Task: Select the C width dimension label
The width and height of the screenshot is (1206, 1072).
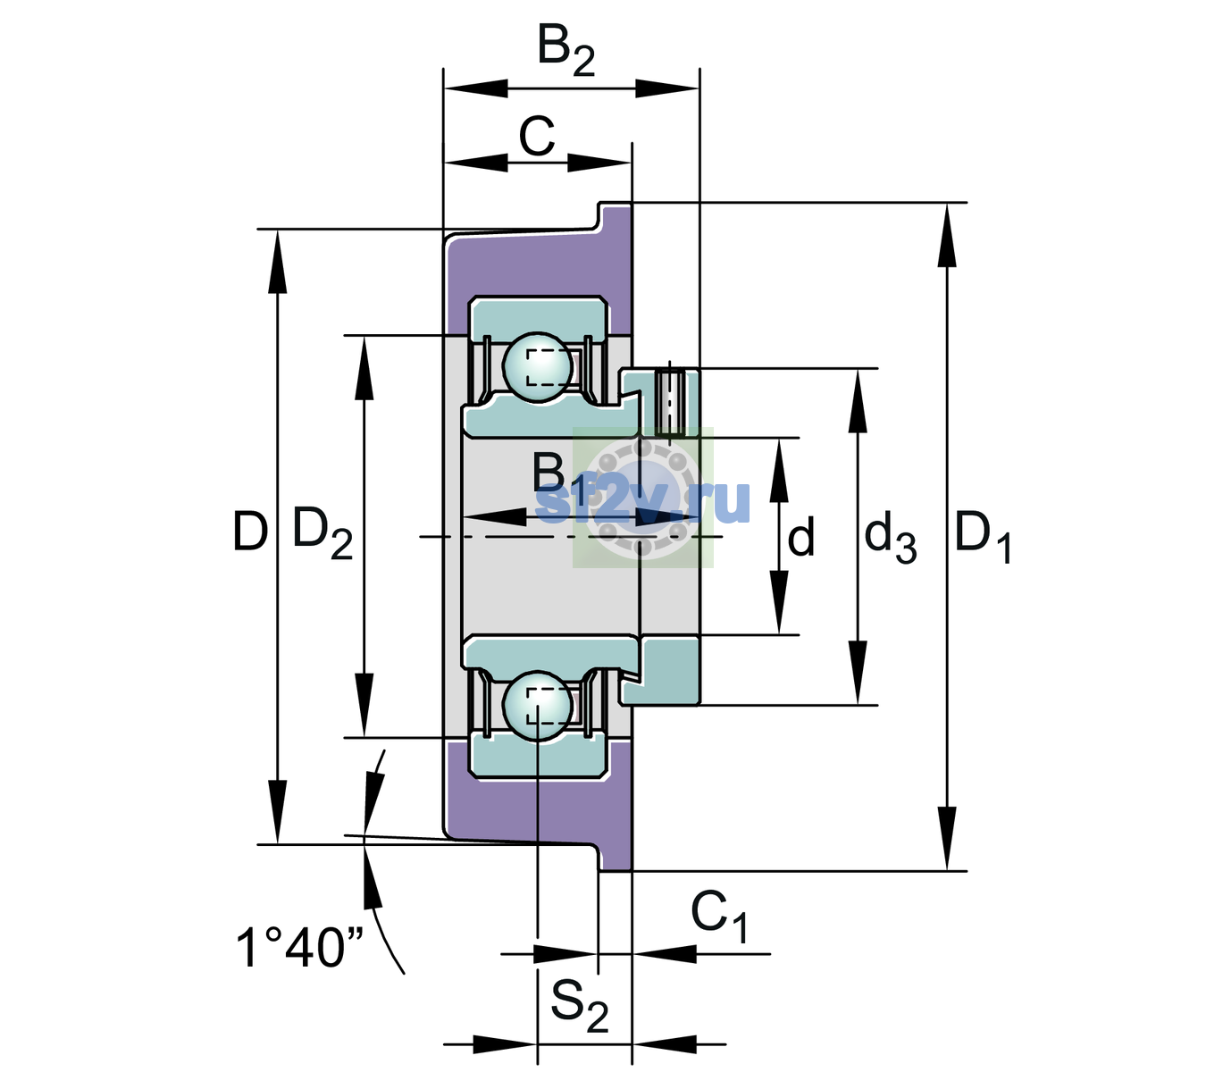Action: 536,137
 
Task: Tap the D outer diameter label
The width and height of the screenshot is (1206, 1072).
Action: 250,532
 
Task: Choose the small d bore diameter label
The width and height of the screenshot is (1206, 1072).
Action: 801,536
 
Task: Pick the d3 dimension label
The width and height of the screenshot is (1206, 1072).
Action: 891,538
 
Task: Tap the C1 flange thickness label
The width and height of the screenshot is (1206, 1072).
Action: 719,916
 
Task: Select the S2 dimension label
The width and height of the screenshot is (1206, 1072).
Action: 579,1005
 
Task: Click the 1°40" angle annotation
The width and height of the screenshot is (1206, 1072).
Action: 299,947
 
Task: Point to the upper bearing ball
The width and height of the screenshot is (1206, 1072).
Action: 538,367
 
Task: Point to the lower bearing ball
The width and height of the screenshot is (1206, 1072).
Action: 538,706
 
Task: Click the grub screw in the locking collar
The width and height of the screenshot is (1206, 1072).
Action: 670,403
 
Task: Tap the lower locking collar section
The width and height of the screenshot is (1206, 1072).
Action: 661,671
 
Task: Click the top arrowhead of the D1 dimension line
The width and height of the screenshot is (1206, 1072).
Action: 947,235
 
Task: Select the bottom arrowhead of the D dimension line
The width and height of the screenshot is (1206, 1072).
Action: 278,812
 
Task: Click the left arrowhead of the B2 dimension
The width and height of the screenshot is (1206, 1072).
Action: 475,88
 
